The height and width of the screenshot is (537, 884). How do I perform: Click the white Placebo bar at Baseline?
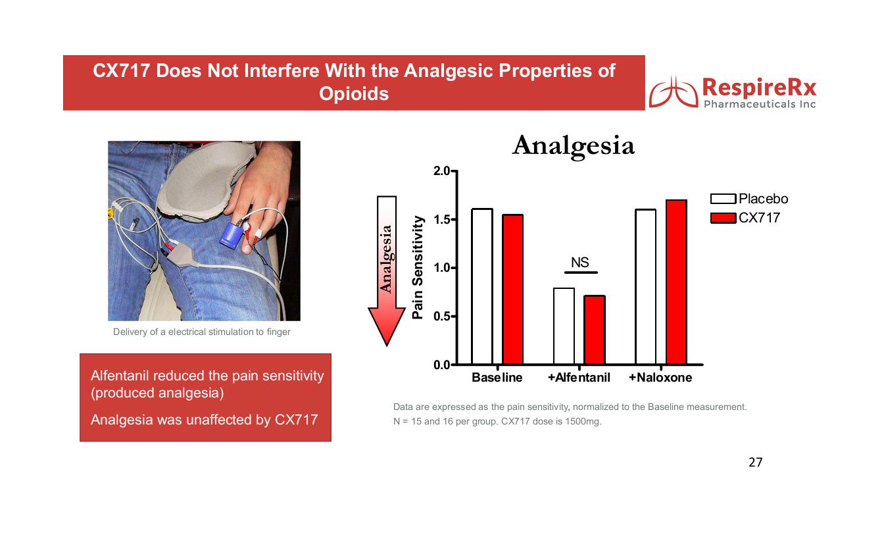point(482,286)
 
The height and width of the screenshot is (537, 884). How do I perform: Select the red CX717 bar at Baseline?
point(512,290)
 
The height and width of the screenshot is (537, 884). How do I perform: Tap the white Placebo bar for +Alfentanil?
point(564,326)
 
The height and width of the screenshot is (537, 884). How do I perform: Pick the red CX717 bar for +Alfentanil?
point(595,330)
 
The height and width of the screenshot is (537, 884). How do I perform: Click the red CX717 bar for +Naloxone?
point(676,282)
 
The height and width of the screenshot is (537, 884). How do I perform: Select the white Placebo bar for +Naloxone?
point(646,287)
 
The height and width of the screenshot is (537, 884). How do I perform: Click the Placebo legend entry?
point(749,199)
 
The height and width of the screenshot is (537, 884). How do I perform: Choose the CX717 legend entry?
point(745,218)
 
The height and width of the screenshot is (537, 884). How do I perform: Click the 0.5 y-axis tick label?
point(441,317)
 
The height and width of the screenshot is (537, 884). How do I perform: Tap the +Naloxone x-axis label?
point(660,378)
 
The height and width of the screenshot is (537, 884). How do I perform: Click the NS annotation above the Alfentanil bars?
point(579,262)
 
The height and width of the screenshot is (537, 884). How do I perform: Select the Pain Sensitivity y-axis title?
point(418,267)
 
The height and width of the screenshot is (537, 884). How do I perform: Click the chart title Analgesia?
point(574,147)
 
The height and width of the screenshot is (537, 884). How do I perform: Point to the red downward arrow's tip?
point(387,346)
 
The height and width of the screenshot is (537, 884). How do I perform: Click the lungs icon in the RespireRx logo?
point(674,92)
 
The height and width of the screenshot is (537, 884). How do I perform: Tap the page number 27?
point(755,462)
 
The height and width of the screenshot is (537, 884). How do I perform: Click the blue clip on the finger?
point(230,236)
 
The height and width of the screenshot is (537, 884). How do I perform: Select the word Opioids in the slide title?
point(354,94)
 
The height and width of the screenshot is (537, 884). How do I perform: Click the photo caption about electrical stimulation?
point(202,332)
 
